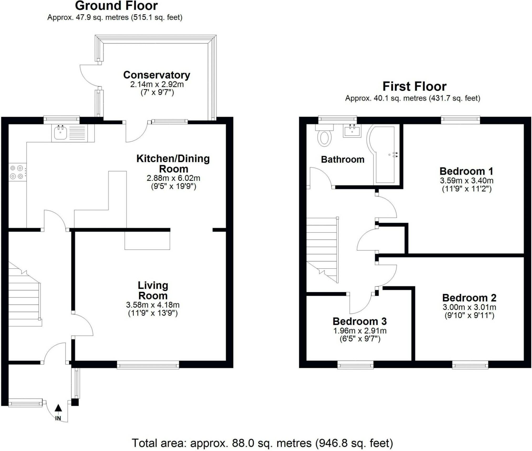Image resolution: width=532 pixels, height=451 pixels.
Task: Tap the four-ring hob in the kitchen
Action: [18, 172]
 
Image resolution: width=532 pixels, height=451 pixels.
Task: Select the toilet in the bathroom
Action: [325, 135]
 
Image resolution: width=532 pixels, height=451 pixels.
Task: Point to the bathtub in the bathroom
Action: [384, 155]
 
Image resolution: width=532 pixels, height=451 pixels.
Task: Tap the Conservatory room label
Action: [157, 75]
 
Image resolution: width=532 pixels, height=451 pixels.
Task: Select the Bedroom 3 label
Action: [359, 321]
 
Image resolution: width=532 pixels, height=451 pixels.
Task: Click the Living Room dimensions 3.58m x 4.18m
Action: [153, 305]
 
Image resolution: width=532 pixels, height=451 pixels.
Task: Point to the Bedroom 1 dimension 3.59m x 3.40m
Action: [467, 181]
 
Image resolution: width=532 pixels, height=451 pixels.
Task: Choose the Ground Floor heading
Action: [116, 6]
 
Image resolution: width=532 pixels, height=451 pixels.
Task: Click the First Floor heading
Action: [414, 86]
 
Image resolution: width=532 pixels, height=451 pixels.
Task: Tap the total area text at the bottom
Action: [262, 443]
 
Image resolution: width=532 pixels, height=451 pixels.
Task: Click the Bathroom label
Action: [343, 160]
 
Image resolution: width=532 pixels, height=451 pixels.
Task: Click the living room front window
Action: [148, 365]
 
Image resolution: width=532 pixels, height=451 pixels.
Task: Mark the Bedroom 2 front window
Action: [470, 365]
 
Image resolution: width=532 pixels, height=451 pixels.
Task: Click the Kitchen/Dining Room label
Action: [173, 164]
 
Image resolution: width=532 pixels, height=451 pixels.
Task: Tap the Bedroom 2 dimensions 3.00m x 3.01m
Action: [469, 307]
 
